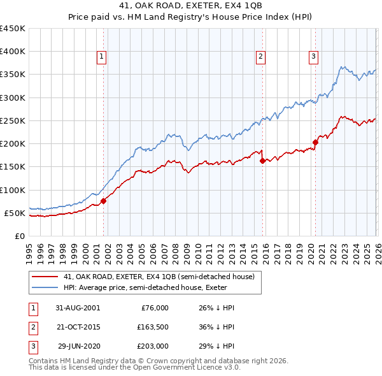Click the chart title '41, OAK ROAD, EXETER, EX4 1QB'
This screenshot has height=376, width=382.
[x=190, y=6]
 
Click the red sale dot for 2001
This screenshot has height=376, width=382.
[x=103, y=201]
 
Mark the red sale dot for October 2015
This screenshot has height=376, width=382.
[x=262, y=161]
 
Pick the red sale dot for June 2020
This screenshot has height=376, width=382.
[x=315, y=142]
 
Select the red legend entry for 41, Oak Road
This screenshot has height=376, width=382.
[x=159, y=277]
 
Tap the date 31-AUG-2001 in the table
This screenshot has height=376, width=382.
[x=78, y=307]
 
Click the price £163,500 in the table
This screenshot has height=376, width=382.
[x=152, y=327]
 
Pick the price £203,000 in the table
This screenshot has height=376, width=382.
[x=152, y=347]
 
